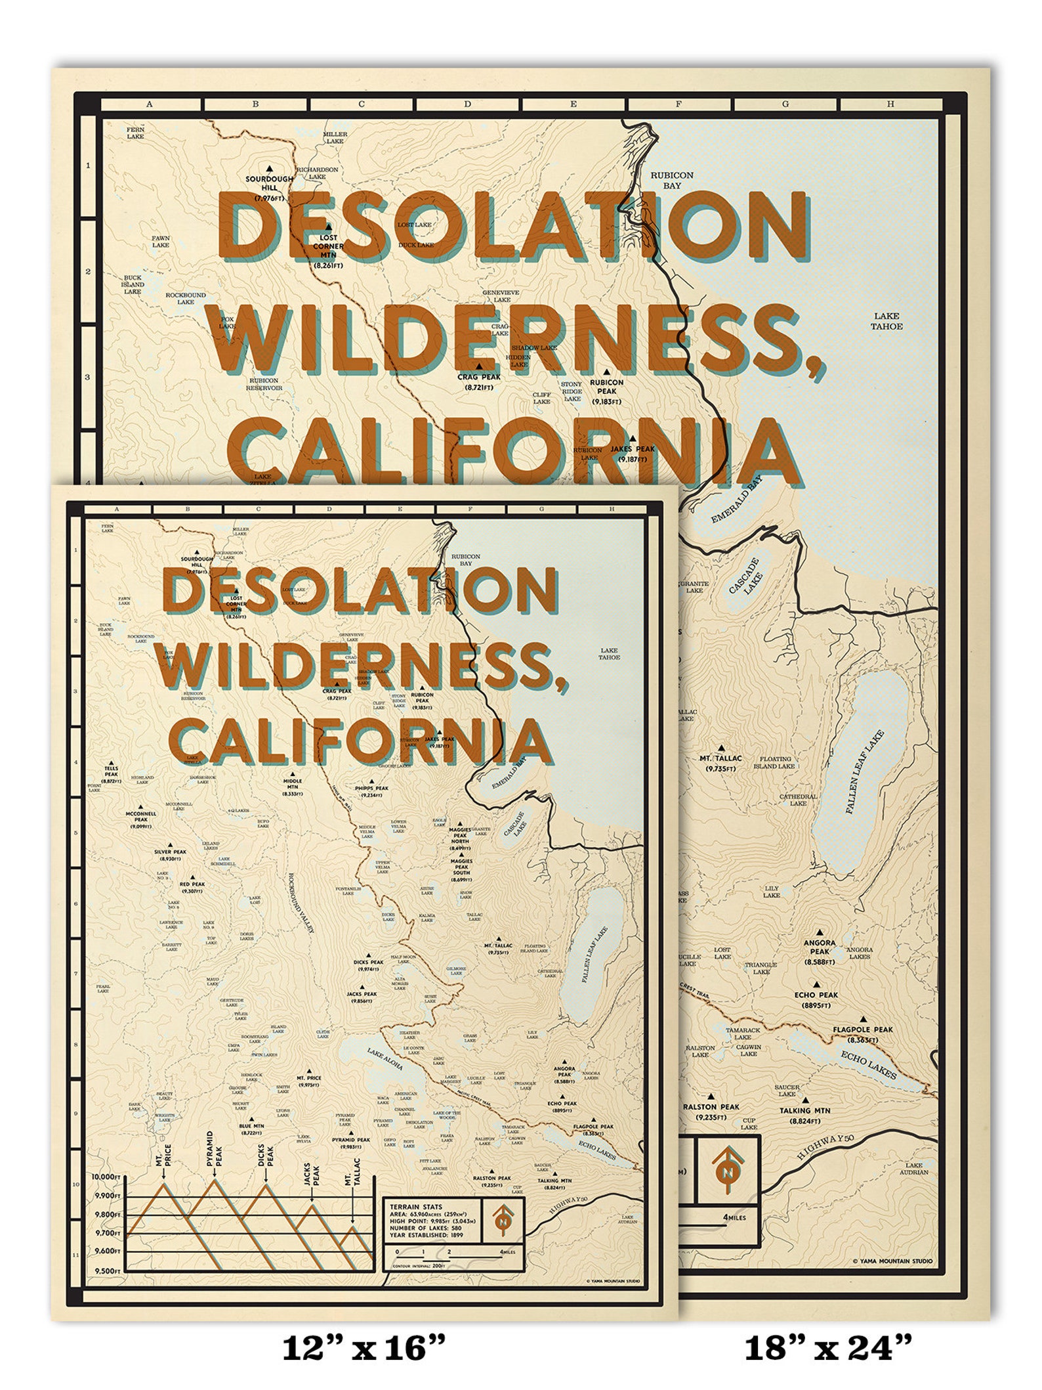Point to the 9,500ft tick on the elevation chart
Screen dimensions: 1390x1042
(x=108, y=1270)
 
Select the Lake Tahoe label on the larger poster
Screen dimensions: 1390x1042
(x=886, y=322)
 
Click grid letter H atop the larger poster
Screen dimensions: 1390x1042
(x=890, y=104)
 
